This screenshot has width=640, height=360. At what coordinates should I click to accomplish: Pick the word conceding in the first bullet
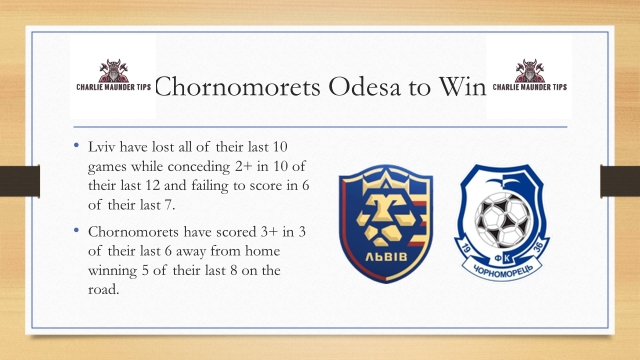point(215,165)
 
